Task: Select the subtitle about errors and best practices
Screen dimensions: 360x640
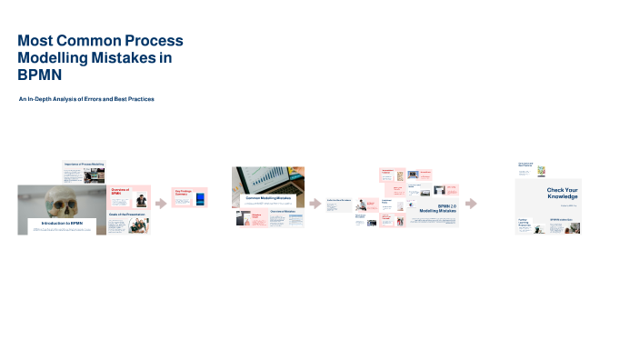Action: (x=86, y=98)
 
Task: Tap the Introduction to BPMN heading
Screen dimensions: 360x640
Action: (x=62, y=223)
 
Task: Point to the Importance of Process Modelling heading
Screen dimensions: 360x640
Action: (x=84, y=165)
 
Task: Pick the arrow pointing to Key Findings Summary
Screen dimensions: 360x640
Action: (x=161, y=204)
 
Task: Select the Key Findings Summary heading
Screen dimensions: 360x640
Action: (x=183, y=192)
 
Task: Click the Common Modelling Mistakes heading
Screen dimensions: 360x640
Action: (x=268, y=197)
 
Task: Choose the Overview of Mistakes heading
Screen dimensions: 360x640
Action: (x=285, y=212)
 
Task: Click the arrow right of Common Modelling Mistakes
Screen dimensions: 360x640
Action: (x=315, y=204)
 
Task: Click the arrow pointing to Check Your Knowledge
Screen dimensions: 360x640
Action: (x=471, y=204)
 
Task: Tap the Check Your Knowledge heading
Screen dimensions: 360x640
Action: (x=562, y=194)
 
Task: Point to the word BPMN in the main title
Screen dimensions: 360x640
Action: (x=35, y=75)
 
